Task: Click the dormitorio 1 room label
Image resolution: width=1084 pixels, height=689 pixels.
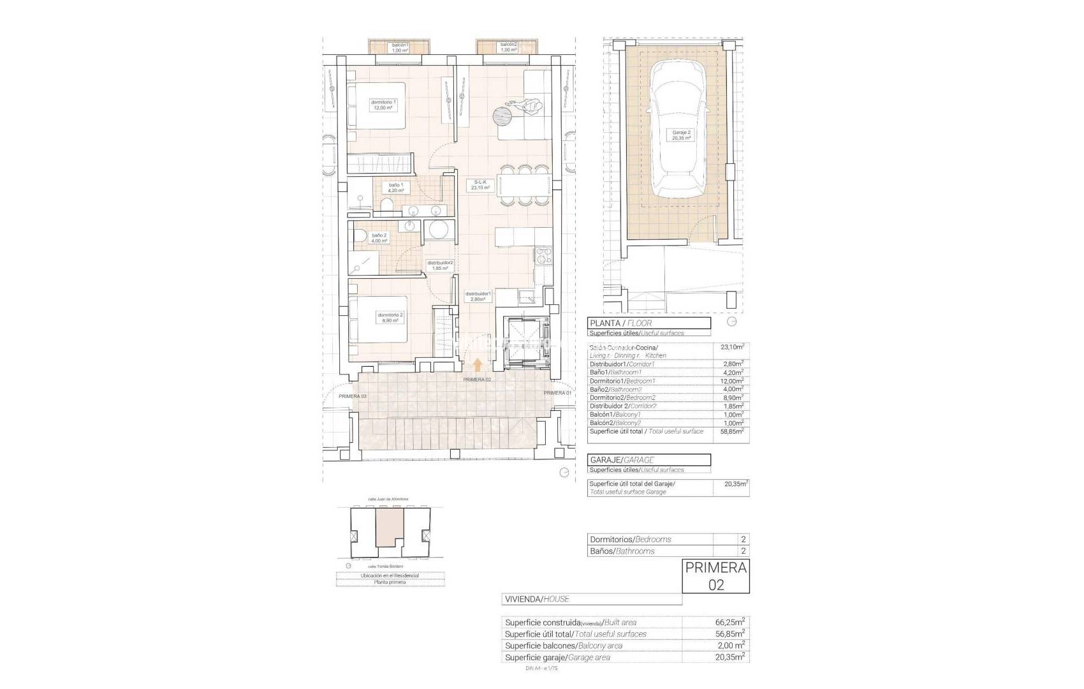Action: point(383,105)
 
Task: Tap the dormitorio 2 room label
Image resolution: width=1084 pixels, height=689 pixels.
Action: point(390,318)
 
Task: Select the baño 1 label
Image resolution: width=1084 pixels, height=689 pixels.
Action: point(396,188)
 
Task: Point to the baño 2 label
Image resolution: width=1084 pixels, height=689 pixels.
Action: point(379,238)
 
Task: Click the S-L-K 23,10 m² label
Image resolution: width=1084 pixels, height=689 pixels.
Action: point(480,185)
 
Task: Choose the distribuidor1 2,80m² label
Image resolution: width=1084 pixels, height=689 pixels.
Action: point(478,296)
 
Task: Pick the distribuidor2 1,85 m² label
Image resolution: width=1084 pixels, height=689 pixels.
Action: point(440,265)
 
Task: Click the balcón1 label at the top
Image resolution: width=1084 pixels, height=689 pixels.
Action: point(400,47)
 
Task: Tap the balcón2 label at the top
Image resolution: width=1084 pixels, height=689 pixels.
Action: point(508,47)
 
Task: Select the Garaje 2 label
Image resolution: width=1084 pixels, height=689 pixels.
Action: point(680,135)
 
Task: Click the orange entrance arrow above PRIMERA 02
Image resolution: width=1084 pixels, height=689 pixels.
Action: point(478,364)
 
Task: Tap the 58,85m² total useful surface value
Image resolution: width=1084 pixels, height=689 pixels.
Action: point(733,431)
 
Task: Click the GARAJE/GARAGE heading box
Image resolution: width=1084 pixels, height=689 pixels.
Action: point(648,460)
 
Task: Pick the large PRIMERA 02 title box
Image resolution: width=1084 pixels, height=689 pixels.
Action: point(715,576)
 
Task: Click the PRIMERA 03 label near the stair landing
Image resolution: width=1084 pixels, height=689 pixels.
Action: point(352,396)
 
